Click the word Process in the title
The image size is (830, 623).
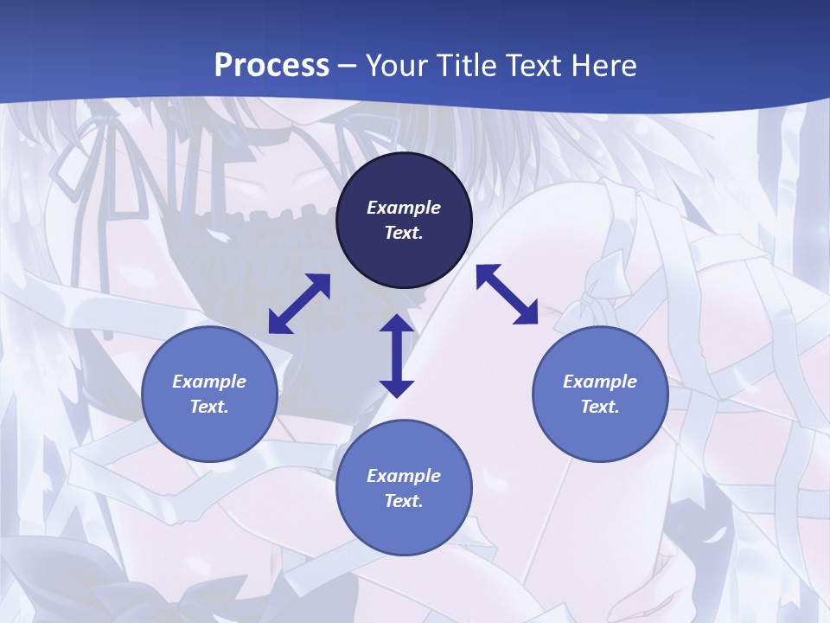(271, 65)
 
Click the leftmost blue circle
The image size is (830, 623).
(209, 394)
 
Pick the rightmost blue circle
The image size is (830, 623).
(600, 394)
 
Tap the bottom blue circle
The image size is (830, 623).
(404, 488)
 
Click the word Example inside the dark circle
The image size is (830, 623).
(404, 208)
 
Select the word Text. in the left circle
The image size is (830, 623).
(209, 407)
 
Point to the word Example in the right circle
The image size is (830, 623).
(600, 382)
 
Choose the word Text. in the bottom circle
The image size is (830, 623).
(404, 501)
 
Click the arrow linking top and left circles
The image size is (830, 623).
(299, 304)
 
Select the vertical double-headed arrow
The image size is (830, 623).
(397, 356)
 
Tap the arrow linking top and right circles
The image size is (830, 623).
(508, 294)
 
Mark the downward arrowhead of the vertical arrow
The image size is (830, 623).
(397, 388)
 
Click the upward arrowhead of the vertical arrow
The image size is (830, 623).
(397, 324)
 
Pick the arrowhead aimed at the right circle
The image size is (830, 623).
(527, 313)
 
